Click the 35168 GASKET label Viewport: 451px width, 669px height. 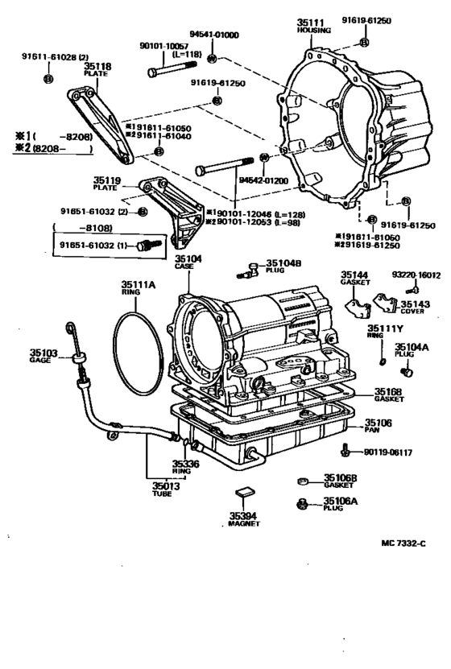coord(389,395)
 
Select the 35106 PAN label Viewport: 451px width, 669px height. coord(378,424)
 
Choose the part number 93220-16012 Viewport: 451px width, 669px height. coord(416,275)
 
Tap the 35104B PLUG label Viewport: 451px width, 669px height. coord(283,265)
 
